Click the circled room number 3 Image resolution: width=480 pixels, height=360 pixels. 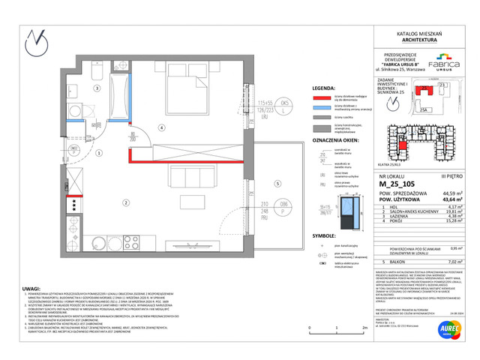coord(97,88)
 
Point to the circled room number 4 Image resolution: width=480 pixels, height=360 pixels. coord(161,127)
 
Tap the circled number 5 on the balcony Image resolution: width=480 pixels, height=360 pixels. coord(277,183)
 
